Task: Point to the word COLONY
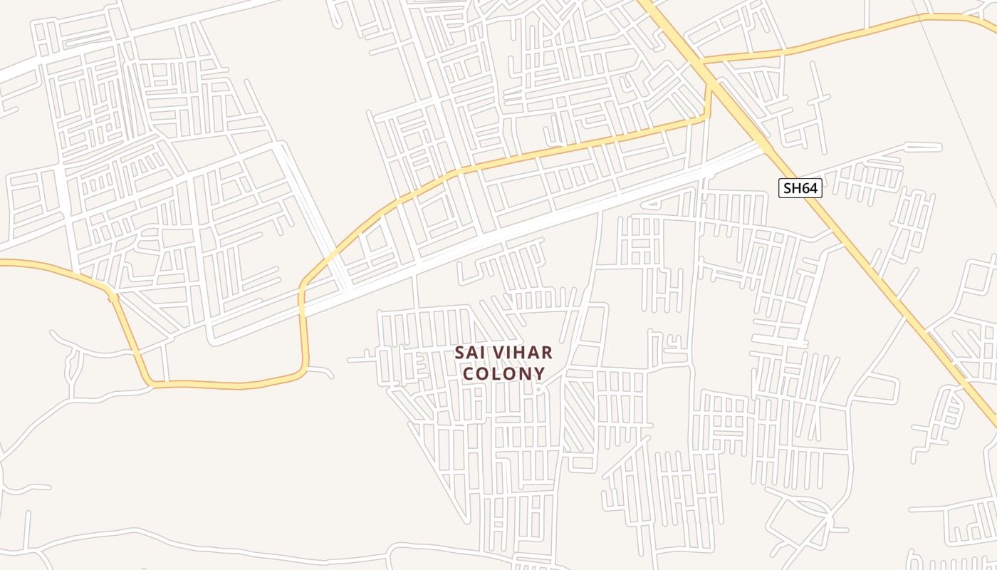[504, 373]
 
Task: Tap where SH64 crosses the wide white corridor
[763, 145]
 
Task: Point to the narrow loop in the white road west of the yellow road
[71, 367]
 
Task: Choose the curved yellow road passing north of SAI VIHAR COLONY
[456, 171]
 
